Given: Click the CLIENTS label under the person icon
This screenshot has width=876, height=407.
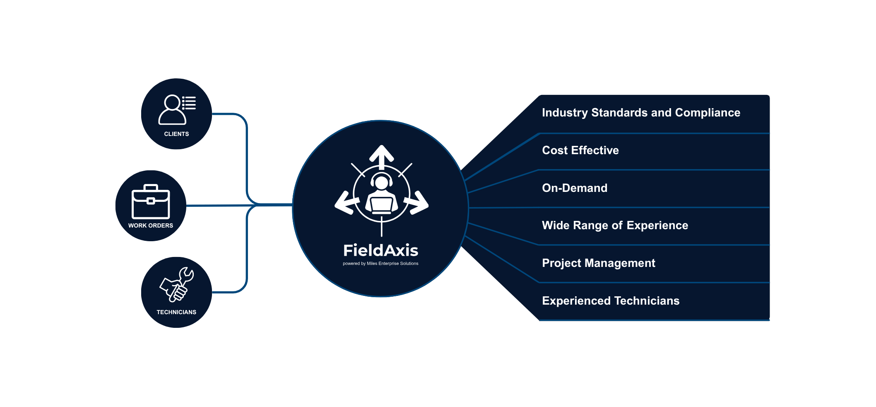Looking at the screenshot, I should click(x=176, y=134).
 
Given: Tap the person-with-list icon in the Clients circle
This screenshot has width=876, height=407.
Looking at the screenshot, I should click(x=176, y=110).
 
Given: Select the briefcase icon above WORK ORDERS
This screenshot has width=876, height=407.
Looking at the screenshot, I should click(x=151, y=202).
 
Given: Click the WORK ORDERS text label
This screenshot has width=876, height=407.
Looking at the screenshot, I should click(x=151, y=225).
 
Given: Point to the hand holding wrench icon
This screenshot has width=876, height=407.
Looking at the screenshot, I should click(x=177, y=285).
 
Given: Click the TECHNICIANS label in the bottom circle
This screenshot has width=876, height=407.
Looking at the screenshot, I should click(x=176, y=312).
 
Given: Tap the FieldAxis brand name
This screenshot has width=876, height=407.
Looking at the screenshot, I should click(x=380, y=250).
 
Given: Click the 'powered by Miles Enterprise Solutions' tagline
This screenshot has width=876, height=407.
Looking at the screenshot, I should click(x=380, y=264).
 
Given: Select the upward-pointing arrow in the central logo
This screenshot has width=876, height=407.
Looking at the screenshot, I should click(x=381, y=155).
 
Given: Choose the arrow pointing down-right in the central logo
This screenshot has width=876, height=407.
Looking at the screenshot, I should click(x=417, y=203).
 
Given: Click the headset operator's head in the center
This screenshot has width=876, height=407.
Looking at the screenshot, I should click(x=381, y=182).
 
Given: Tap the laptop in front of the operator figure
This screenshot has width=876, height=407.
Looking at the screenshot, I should click(x=381, y=205).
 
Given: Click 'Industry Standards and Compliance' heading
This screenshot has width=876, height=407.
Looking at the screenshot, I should click(x=641, y=113).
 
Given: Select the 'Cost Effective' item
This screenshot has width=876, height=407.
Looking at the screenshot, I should click(x=580, y=150).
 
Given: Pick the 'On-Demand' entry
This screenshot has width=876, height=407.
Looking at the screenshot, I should click(x=575, y=188).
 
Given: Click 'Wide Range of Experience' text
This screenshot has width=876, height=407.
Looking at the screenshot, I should click(x=615, y=225).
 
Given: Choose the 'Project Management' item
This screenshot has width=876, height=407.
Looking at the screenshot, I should click(x=599, y=263).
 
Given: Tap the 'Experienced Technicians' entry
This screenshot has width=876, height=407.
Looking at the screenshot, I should click(x=611, y=301).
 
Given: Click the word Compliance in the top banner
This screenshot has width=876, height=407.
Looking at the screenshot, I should click(x=708, y=113).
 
